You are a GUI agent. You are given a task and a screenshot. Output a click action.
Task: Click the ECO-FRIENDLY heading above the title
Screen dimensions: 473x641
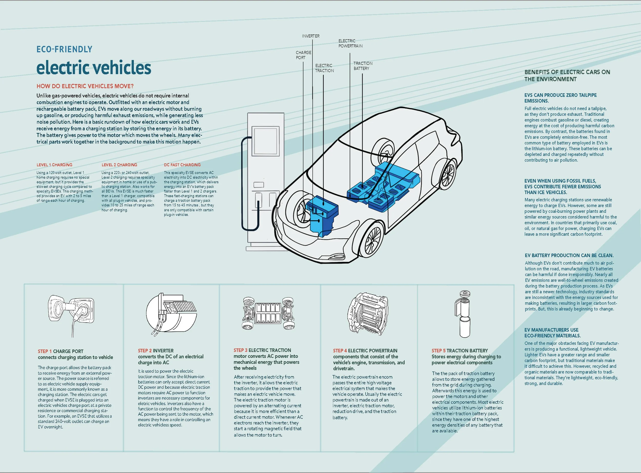[64, 49]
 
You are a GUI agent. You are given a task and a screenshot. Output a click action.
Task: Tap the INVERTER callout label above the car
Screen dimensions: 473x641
[311, 36]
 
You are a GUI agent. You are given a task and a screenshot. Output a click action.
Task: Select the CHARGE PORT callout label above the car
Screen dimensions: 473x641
[303, 55]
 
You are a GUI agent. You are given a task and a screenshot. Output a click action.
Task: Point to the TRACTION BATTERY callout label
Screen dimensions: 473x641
[363, 66]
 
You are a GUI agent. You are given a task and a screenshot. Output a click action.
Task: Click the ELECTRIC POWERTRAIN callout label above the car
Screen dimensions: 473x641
[350, 43]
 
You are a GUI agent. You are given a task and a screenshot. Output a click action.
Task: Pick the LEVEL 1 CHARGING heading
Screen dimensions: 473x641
[54, 165]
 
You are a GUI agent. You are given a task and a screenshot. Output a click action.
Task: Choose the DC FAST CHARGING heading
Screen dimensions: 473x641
[182, 165]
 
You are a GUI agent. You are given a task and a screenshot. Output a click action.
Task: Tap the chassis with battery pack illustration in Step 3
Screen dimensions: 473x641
[268, 313]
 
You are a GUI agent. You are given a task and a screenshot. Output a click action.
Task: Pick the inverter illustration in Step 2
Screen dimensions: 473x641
[171, 314]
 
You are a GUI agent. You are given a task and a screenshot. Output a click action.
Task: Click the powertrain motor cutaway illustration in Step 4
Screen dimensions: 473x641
[368, 314]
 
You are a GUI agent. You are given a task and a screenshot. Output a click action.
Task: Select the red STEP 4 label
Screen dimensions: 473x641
[340, 351]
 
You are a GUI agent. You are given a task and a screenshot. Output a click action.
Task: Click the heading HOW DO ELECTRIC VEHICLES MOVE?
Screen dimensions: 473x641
[85, 86]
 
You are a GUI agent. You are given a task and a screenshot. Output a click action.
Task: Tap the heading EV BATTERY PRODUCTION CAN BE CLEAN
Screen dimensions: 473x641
[569, 255]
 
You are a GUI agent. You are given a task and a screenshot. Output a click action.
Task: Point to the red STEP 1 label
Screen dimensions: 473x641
[45, 351]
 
